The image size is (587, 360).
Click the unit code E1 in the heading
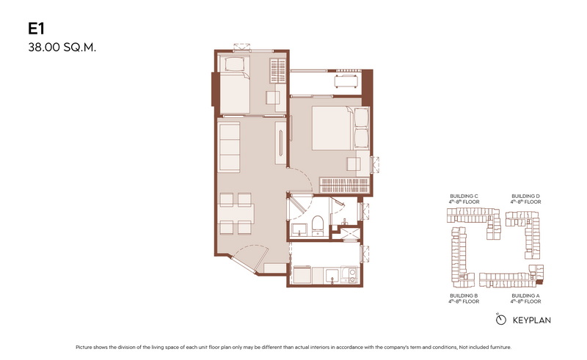[36, 29]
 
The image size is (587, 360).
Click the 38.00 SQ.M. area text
[62, 48]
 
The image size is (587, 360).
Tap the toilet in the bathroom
[318, 226]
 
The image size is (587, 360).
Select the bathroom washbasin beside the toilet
[299, 229]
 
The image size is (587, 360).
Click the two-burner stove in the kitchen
[351, 275]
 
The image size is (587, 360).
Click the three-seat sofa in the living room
[229, 147]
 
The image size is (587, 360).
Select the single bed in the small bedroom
[234, 84]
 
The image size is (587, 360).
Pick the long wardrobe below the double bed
[345, 185]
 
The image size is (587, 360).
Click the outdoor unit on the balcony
[346, 81]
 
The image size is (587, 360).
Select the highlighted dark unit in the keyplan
[539, 281]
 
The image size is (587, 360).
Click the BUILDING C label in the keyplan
[464, 196]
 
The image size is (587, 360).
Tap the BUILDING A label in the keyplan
[525, 295]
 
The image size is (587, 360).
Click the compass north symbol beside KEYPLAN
[500, 319]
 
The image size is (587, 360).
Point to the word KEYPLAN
[531, 320]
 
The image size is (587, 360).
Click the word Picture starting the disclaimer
[84, 348]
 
